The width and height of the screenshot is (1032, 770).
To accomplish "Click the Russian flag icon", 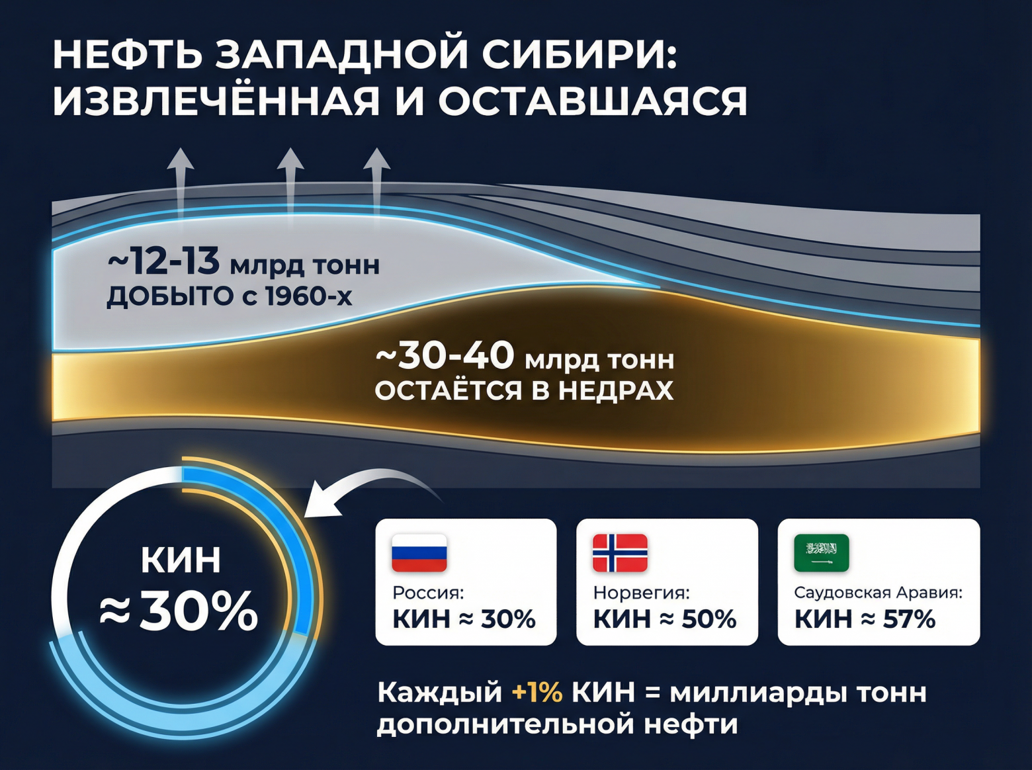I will pyautogui.click(x=419, y=552).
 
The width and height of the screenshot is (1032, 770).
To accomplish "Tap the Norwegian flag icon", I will pyautogui.click(x=620, y=552).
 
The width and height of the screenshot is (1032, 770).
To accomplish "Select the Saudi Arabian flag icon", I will pyautogui.click(x=821, y=552).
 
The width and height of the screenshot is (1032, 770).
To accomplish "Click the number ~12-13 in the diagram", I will pyautogui.click(x=163, y=261).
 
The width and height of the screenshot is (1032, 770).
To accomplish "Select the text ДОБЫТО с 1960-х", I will pyautogui.click(x=230, y=296).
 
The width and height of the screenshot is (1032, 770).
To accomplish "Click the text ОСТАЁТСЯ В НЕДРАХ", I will pyautogui.click(x=524, y=390).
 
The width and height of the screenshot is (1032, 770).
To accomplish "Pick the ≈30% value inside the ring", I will pyautogui.click(x=179, y=611).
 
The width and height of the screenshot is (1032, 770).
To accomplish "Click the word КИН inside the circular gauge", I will pyautogui.click(x=181, y=560).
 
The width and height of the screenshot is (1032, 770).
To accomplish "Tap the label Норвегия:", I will pyautogui.click(x=641, y=592).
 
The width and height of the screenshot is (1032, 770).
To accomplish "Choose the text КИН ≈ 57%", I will pyautogui.click(x=865, y=619).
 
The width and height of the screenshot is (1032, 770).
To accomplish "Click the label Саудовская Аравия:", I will pyautogui.click(x=878, y=592).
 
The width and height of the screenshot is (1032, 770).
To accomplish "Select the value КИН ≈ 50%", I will pyautogui.click(x=664, y=619).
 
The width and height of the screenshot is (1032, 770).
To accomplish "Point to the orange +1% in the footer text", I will pyautogui.click(x=537, y=693).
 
